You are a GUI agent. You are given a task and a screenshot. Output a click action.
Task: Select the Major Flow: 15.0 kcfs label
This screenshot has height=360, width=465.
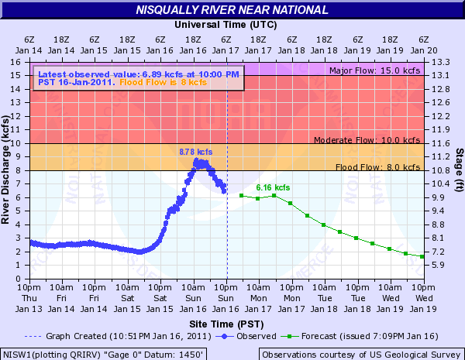coord(374,70)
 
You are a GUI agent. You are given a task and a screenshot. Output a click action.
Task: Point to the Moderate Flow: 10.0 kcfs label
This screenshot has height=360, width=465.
coord(367,140)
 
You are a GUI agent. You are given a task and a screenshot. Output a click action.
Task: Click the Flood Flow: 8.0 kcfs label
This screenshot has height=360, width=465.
coord(377,167)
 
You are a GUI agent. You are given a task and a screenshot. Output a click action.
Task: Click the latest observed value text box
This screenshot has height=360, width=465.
coord(138,77)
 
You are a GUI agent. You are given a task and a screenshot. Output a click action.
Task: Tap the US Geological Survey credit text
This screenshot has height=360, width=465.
coord(360,354)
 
